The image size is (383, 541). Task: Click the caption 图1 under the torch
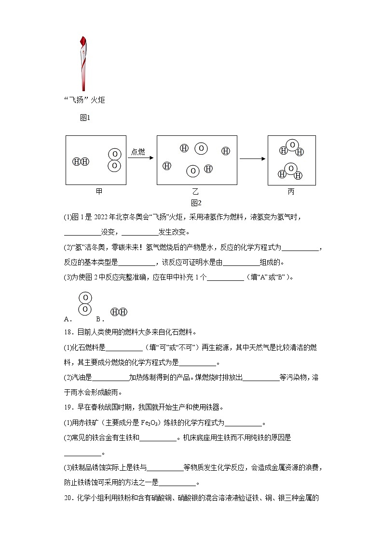point(85,117)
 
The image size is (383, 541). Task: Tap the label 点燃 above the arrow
point(138,152)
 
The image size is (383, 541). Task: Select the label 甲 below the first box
point(99,191)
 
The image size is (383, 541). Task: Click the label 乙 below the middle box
point(195,191)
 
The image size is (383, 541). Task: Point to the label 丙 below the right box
point(291,191)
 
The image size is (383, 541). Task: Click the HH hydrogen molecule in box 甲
point(81,161)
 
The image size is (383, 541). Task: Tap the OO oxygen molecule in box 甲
point(114,160)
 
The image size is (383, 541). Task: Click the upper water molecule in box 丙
point(292,148)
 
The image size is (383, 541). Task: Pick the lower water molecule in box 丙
point(290,171)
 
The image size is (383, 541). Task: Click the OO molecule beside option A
point(85,303)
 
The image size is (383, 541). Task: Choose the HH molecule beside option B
point(119,312)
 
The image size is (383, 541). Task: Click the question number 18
point(68,332)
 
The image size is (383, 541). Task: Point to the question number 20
point(68,498)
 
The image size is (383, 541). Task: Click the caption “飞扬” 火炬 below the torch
point(84,100)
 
